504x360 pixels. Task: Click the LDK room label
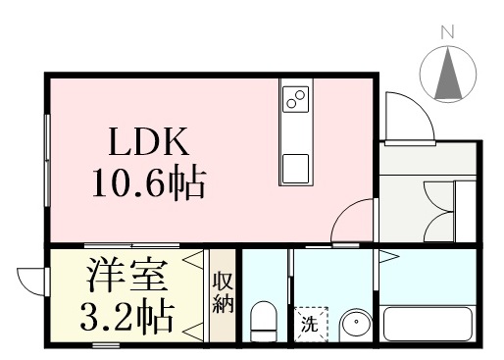pyautogui.click(x=149, y=141)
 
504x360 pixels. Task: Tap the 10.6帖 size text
pyautogui.click(x=149, y=183)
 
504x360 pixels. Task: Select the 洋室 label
pyautogui.click(x=126, y=276)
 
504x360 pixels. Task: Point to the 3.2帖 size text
pyautogui.click(x=126, y=317)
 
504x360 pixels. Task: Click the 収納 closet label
pyautogui.click(x=224, y=296)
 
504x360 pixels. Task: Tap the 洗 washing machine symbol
pyautogui.click(x=311, y=324)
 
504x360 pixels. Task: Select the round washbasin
pyautogui.click(x=356, y=325)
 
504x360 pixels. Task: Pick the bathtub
pyautogui.click(x=428, y=324)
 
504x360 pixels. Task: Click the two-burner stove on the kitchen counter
pyautogui.click(x=295, y=99)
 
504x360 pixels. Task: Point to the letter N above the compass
pyautogui.click(x=448, y=32)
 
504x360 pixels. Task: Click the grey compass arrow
pyautogui.click(x=448, y=73)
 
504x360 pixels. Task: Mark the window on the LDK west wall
pyautogui.click(x=48, y=160)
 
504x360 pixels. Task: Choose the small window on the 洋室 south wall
pyautogui.click(x=106, y=344)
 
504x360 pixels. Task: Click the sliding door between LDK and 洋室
pyautogui.click(x=131, y=245)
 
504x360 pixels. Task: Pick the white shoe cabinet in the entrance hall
pyautogui.click(x=465, y=212)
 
